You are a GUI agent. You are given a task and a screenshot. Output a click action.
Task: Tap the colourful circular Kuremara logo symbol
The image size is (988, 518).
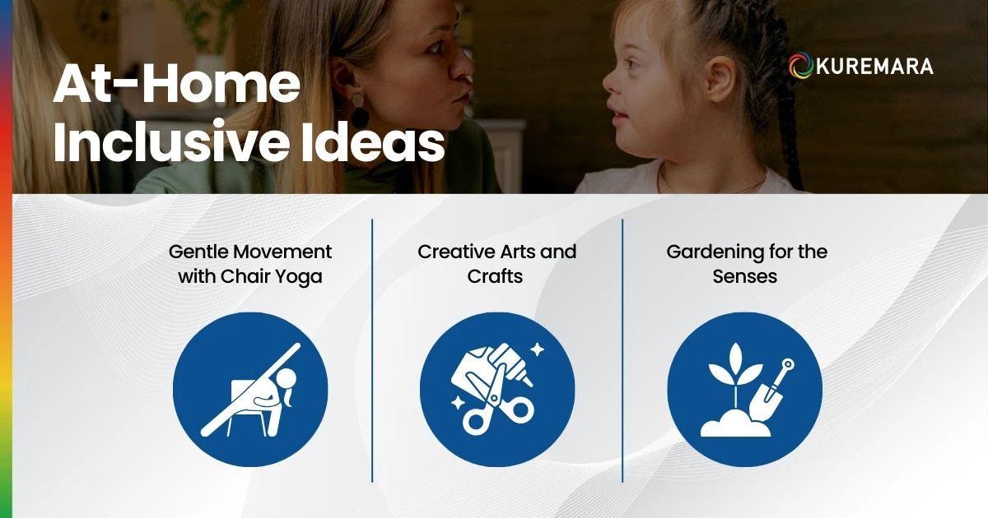800,67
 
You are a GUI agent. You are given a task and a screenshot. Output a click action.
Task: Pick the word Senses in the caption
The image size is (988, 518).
745,277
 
